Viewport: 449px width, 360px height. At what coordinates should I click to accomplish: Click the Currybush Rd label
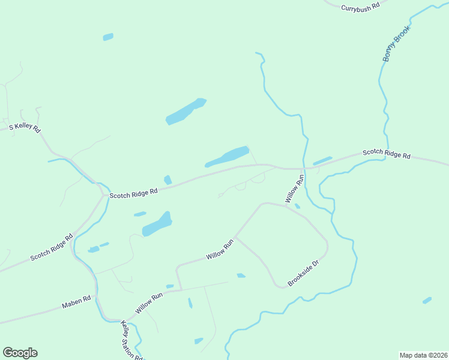361,7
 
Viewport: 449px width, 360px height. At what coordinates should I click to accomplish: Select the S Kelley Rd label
25,128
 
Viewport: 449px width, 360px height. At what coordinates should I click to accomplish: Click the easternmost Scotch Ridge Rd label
387,154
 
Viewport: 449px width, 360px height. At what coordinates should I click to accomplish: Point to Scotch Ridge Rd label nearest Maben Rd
52,247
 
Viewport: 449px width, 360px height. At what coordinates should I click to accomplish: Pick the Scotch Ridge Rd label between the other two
133,192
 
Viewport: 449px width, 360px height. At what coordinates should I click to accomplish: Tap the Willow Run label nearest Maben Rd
149,303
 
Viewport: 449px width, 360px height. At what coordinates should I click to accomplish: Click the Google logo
20,353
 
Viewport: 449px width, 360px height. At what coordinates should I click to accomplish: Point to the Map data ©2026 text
423,355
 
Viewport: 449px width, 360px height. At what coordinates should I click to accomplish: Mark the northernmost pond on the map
108,37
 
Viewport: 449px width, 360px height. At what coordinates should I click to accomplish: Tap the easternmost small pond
427,300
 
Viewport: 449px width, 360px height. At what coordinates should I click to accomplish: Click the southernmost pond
199,341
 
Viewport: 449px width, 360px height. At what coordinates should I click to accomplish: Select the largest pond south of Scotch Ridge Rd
157,224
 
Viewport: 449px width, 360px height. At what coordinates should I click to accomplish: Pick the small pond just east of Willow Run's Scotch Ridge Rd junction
322,161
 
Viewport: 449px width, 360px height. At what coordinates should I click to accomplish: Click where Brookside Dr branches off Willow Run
236,237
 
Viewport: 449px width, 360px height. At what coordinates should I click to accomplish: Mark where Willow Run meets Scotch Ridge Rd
302,169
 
